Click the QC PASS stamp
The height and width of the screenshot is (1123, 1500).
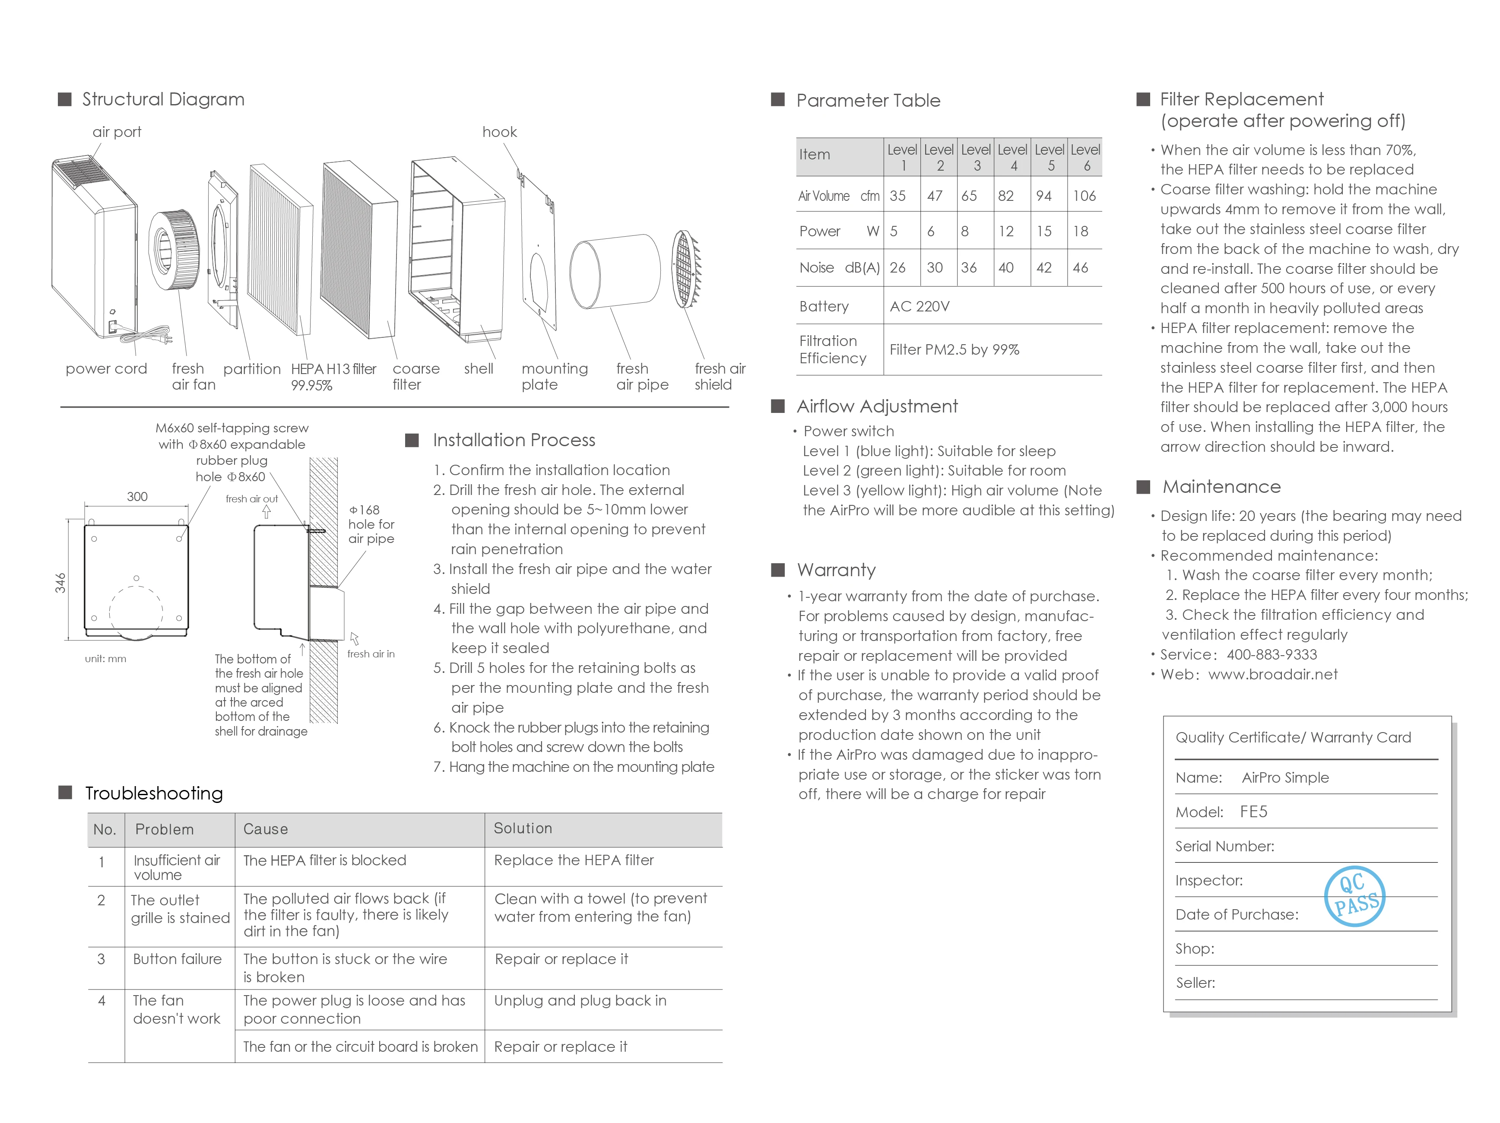tap(1354, 896)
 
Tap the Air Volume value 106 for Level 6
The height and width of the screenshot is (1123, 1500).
tap(1085, 196)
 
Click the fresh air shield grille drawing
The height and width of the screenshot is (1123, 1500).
tap(686, 269)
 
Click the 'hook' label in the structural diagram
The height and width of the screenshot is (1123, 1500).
tap(499, 132)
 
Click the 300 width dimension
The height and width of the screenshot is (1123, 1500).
tap(137, 496)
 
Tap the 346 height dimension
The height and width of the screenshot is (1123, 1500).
tap(60, 583)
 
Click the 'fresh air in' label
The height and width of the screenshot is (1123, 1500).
tap(371, 654)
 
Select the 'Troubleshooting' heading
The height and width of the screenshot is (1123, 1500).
tap(154, 793)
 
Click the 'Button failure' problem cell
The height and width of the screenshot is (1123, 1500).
tap(177, 959)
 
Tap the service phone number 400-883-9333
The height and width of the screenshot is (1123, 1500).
tap(1272, 654)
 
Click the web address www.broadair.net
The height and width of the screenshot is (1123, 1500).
tap(1273, 674)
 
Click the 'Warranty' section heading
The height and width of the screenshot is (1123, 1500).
tap(836, 570)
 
